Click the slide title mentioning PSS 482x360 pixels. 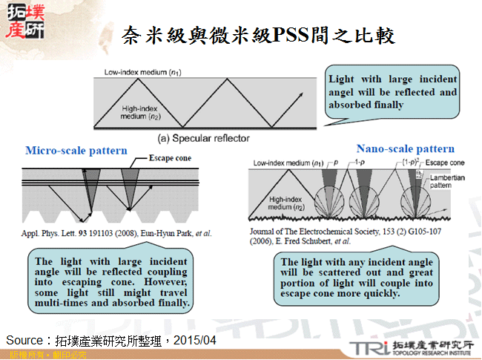tap(258, 35)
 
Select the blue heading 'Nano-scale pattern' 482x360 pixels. tap(406, 148)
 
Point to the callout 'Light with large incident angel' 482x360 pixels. tap(392, 91)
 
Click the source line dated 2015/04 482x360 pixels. tap(111, 339)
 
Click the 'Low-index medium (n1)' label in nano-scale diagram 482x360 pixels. tap(288, 163)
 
